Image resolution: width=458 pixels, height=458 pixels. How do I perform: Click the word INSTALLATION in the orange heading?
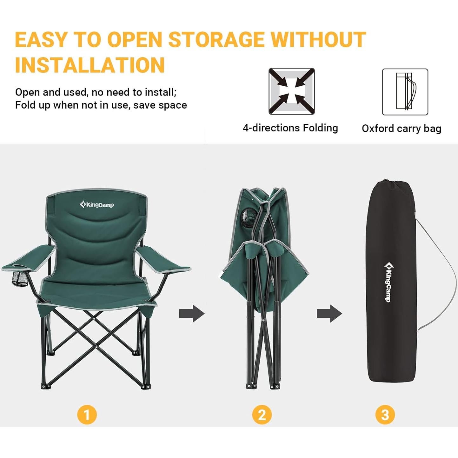90,65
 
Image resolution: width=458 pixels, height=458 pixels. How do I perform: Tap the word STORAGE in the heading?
216,40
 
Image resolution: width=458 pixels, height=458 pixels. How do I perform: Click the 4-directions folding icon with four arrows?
291,91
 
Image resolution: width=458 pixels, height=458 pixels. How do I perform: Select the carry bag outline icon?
405,92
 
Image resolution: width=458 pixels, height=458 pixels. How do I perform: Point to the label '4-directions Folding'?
290,128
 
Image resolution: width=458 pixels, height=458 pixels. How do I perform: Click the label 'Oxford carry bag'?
401,129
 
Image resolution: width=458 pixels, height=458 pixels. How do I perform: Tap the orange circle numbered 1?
87,415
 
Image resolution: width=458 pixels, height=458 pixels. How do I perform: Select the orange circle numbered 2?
262,415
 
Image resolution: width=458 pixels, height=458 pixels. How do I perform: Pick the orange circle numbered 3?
385,415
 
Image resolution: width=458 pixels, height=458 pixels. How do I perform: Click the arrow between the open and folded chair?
192,314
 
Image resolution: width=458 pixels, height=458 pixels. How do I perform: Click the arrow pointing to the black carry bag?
329,314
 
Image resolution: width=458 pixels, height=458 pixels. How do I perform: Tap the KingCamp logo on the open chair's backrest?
97,205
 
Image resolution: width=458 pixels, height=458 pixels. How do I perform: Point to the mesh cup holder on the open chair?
19,279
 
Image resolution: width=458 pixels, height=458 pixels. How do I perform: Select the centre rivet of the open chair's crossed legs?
95,318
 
